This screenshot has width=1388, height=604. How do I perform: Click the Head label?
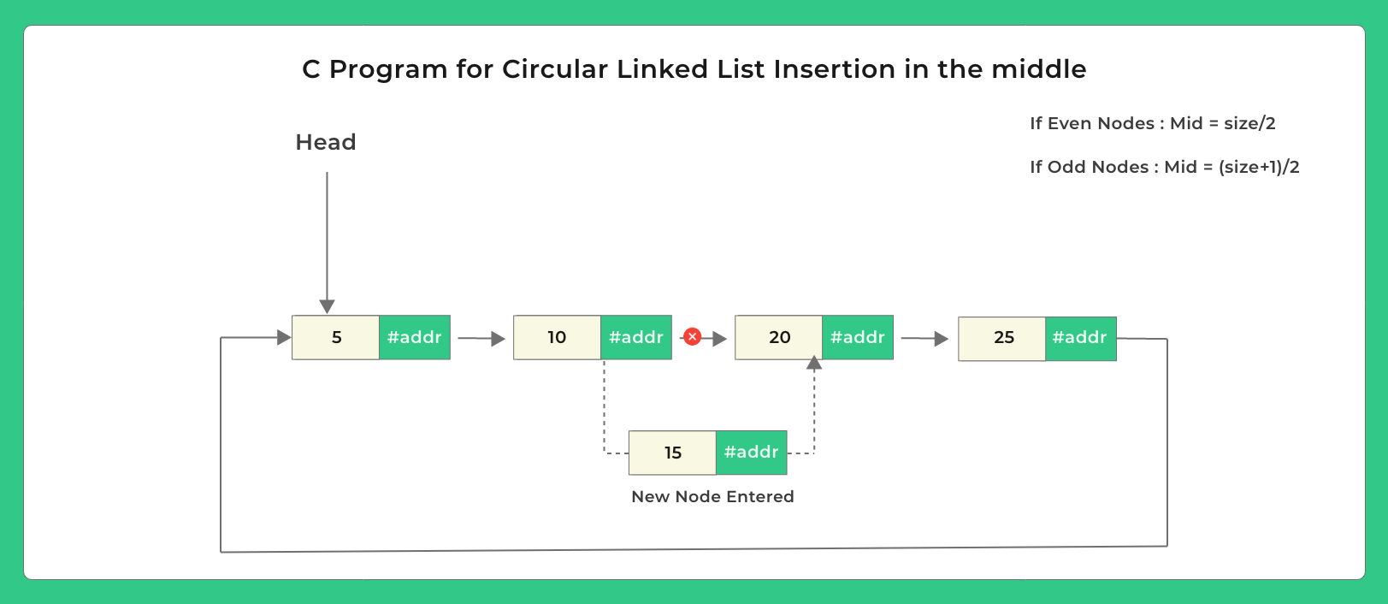[x=325, y=142]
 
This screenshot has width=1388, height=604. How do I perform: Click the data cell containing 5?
[x=336, y=337]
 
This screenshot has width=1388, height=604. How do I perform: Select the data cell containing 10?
[x=557, y=337]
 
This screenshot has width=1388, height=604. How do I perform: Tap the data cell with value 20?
[x=779, y=337]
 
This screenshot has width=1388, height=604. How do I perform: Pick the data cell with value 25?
[x=1002, y=338]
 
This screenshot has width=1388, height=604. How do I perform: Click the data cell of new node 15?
[x=672, y=453]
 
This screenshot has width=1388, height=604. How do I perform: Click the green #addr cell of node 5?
[x=415, y=337]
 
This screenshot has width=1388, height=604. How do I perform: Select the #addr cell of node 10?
[x=636, y=337]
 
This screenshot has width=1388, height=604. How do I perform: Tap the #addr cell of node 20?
[x=858, y=337]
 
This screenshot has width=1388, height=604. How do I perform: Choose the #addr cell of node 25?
[x=1080, y=338]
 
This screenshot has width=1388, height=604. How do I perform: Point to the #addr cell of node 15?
[x=751, y=453]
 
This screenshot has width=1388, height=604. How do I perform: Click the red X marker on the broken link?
[x=693, y=337]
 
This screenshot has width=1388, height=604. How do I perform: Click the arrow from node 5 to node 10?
[x=481, y=339]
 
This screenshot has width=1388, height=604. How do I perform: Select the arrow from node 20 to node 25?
[x=924, y=339]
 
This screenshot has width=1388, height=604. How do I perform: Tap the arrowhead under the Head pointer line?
[x=327, y=306]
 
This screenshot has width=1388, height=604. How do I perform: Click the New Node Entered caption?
[x=712, y=497]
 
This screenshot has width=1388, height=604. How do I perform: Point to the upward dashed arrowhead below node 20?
[x=814, y=364]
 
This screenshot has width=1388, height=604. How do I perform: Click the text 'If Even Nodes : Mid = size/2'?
[x=1152, y=123]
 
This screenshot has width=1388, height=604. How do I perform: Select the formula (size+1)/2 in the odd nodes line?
[x=1259, y=167]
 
